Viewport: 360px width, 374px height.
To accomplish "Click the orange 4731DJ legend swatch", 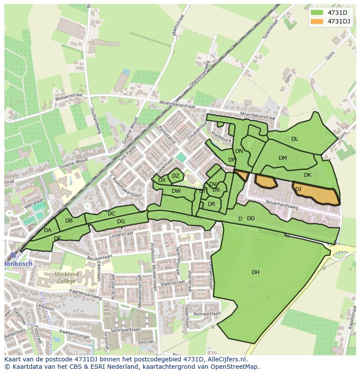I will (x=317, y=21).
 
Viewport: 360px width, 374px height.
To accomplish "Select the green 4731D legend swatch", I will (x=317, y=12).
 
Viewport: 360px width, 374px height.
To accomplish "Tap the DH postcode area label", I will (x=255, y=272).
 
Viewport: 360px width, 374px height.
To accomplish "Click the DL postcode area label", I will (x=294, y=139).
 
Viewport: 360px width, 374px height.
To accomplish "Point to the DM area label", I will (x=283, y=158).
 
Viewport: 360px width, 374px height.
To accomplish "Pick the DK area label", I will (x=307, y=175).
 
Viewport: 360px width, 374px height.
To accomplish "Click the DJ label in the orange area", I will (x=298, y=189).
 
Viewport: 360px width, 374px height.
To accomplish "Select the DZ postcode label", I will (x=176, y=176).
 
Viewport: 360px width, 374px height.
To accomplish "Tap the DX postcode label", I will (x=162, y=180).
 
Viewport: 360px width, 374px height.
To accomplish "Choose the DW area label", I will (x=176, y=191).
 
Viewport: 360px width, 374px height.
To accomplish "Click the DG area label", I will (x=121, y=222).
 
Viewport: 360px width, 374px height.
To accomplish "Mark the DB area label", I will (x=69, y=221).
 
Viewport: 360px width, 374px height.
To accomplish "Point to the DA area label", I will (x=48, y=230).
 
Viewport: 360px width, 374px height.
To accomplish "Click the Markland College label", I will (x=67, y=278).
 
